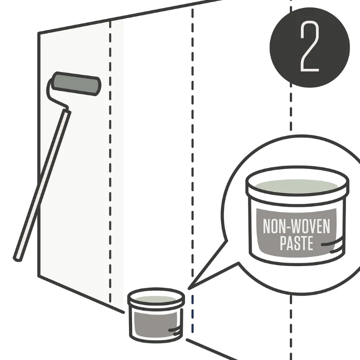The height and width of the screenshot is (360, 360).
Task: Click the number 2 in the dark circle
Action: click(310, 46)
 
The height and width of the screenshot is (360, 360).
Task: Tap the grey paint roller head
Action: click(76, 84)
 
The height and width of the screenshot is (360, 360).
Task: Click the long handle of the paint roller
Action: click(42, 185)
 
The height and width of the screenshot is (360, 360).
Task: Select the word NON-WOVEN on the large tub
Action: click(296, 226)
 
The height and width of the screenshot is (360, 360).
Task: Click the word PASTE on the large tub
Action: click(296, 243)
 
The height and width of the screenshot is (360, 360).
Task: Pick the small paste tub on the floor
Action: click(156, 315)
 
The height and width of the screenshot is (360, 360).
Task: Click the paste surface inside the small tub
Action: click(155, 299)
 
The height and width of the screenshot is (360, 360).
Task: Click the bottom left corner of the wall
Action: click(39, 276)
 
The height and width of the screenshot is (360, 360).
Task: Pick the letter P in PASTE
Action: click(283, 243)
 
